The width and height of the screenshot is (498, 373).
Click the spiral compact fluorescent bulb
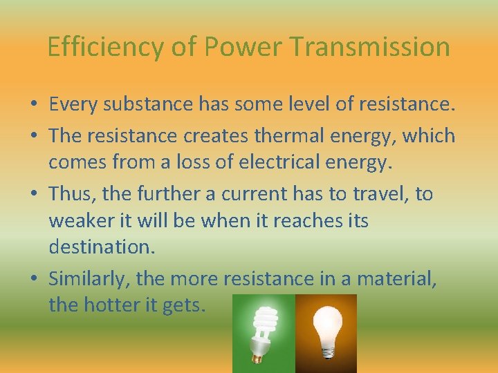pos(264,329)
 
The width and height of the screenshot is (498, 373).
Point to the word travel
pos(379,194)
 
